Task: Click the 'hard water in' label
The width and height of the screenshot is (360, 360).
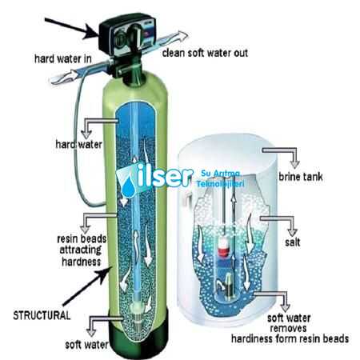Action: pos(63,58)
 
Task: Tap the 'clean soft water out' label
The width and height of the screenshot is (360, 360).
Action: pos(205,53)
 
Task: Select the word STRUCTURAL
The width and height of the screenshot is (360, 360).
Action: pos(42,315)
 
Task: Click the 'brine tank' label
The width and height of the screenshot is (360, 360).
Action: pos(301,177)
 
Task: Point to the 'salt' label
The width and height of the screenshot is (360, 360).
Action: pos(293,242)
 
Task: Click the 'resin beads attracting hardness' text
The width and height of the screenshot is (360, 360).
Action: pos(82,250)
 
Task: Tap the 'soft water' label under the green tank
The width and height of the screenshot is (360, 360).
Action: pos(87,345)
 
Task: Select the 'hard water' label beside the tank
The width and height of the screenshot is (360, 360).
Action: pos(79,144)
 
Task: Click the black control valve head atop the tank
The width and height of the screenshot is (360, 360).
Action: pos(127,34)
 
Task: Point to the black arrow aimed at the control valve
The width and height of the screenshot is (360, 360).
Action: pos(71,28)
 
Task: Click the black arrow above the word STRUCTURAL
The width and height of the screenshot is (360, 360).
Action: pos(87,286)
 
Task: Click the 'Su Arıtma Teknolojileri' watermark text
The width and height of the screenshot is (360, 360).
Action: pos(220,178)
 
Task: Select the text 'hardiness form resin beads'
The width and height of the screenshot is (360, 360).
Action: pos(290,338)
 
